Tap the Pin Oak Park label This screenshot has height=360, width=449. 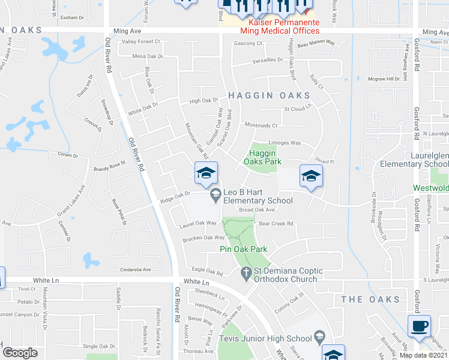[x=243, y=248]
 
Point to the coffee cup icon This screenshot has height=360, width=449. [x=418, y=326]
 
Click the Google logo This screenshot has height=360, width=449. [x=20, y=353]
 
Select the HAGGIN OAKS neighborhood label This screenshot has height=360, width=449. [x=268, y=95]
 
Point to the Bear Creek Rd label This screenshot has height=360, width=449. [x=276, y=224]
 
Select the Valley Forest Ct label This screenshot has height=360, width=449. [x=141, y=41]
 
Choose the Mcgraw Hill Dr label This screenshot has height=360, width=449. [x=384, y=79]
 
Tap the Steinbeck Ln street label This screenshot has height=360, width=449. [x=209, y=296]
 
